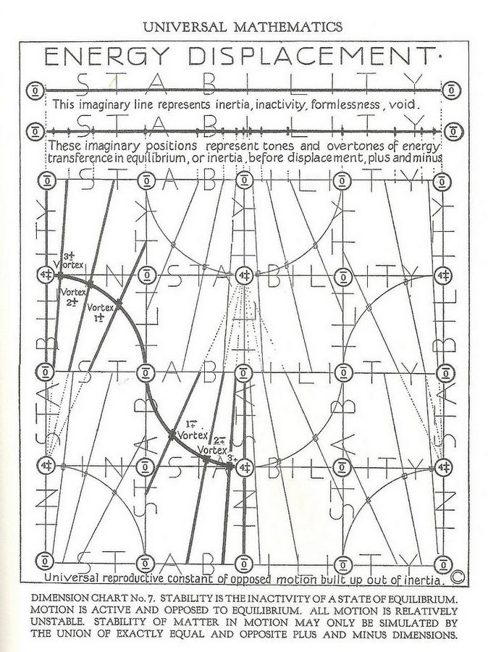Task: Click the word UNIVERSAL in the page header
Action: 183,28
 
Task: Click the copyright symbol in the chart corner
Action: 458,577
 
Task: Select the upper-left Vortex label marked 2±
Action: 72,296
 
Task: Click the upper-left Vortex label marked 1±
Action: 100,312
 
